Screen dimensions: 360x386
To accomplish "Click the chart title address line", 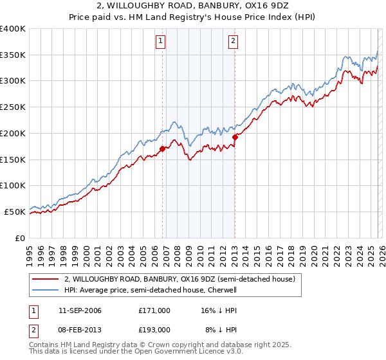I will coord(192,6).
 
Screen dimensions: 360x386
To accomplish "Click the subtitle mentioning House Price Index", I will coord(192,17).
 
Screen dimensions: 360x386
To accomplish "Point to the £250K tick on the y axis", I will coord(13,107).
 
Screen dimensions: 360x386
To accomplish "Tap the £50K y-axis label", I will coord(15,212).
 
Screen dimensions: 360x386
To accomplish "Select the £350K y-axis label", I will coord(13,55).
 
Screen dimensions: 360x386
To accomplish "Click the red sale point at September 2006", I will coord(162,148).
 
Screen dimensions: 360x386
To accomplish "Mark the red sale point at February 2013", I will coord(235,137).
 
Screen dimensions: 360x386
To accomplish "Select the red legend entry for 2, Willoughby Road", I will coord(179,280).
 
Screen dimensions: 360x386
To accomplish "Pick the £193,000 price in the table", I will coord(154,330).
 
